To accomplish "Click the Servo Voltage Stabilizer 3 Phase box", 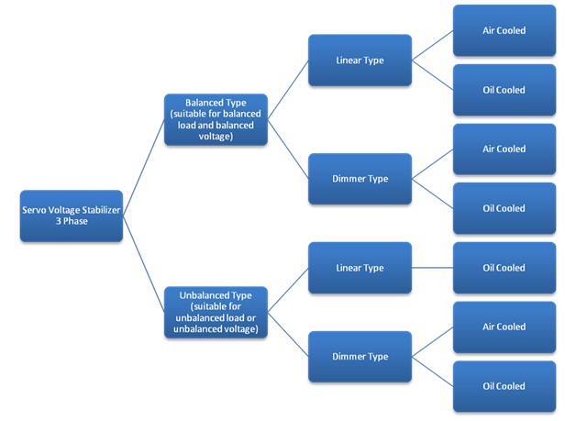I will [72, 216].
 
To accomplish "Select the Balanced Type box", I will [216, 119].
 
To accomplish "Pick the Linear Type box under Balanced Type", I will [360, 61].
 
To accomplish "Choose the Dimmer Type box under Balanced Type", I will [360, 179].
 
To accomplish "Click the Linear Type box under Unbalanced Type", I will [360, 268].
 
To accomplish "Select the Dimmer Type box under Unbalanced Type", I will [360, 357].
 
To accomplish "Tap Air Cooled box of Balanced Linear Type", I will [504, 30].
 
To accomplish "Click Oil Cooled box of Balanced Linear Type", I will [504, 90].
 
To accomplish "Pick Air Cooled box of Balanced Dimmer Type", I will [504, 150].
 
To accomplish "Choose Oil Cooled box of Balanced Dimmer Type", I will [504, 208].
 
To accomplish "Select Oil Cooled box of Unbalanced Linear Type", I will [504, 268].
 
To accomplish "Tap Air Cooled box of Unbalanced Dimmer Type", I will [504, 327].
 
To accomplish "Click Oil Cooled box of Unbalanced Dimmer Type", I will [504, 386].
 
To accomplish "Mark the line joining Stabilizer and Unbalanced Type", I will [144, 264].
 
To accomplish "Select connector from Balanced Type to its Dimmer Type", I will [288, 149].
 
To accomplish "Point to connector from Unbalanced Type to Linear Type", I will [288, 290].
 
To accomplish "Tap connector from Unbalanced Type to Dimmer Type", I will [288, 335].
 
